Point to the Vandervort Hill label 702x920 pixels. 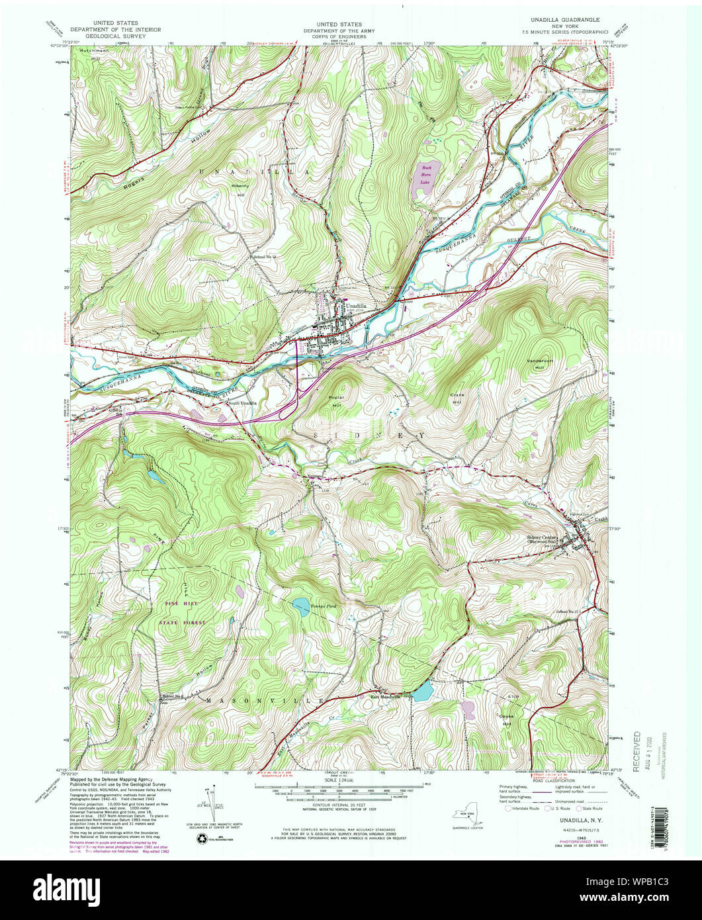[x=535, y=363]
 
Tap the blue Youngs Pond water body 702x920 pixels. [x=300, y=604]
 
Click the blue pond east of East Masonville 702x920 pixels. [x=422, y=692]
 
